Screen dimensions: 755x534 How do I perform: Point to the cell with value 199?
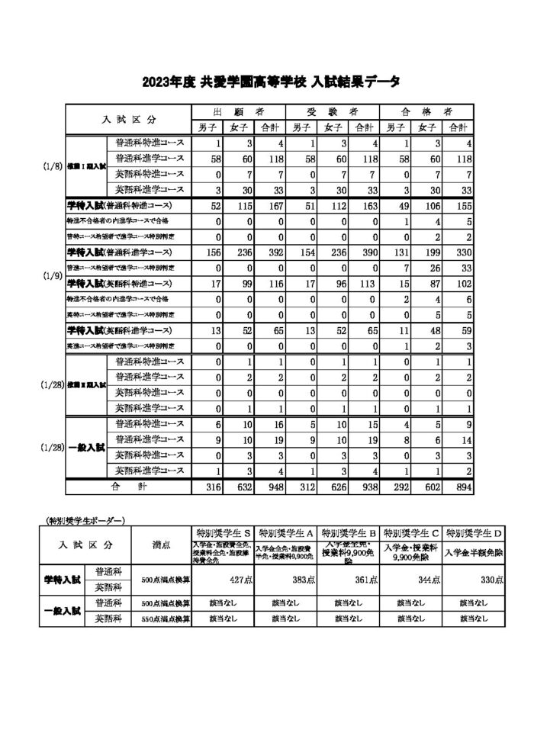[429, 252]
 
